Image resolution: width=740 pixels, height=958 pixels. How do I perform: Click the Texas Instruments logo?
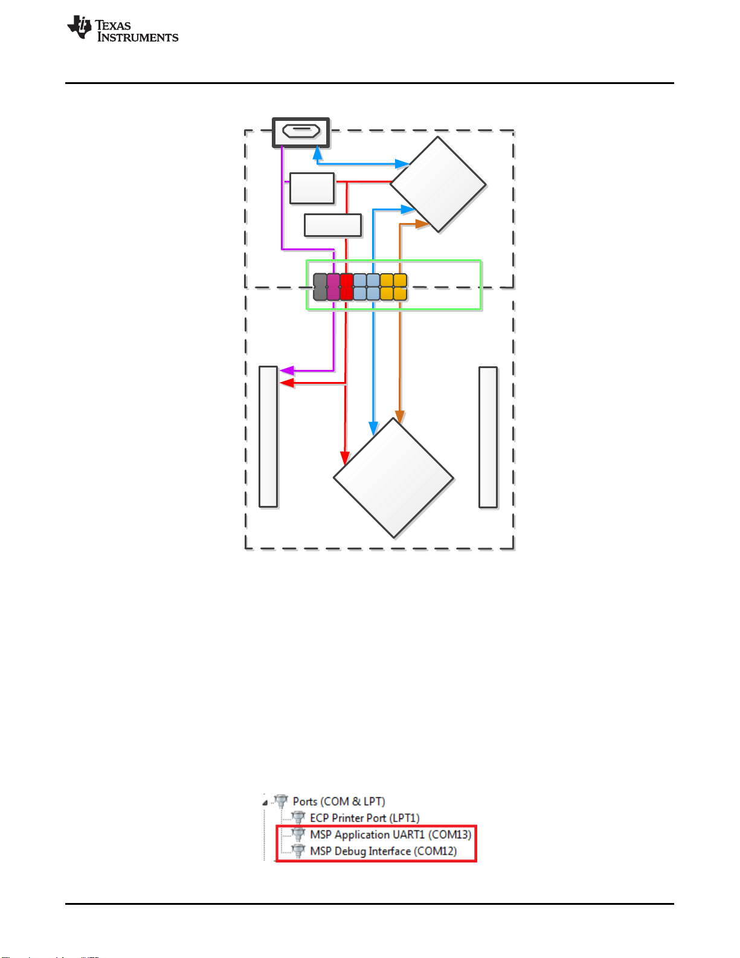pos(123,29)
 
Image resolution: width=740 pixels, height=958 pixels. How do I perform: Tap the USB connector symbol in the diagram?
pos(301,132)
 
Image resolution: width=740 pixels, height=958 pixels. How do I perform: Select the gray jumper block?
pos(320,286)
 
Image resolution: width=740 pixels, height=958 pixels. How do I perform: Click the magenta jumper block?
pos(333,286)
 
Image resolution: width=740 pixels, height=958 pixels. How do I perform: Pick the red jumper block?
pos(346,286)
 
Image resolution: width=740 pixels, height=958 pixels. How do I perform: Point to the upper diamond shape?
pos(438,184)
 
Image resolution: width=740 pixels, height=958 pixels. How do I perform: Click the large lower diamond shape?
pos(393,477)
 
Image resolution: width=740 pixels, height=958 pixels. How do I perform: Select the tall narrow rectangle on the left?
pos(268,436)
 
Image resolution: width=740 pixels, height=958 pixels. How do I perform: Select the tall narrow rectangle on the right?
pos(488,436)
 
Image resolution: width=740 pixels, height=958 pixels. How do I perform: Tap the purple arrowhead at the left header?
pos(285,371)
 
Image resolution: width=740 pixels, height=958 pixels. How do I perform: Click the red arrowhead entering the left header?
pos(286,383)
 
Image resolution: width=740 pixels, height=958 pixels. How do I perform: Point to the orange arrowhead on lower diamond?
pos(399,417)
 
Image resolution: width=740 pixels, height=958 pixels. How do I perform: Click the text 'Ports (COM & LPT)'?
pos(339,801)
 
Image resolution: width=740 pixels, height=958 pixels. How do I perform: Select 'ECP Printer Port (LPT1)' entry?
pos(364,818)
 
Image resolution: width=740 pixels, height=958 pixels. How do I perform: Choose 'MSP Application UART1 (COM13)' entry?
pos(390,835)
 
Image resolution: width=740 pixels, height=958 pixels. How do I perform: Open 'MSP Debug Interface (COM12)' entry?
pos(383,851)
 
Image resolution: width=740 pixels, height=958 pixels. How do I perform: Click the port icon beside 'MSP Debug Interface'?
pos(298,851)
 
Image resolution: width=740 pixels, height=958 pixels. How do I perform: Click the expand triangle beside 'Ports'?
pos(265,803)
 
